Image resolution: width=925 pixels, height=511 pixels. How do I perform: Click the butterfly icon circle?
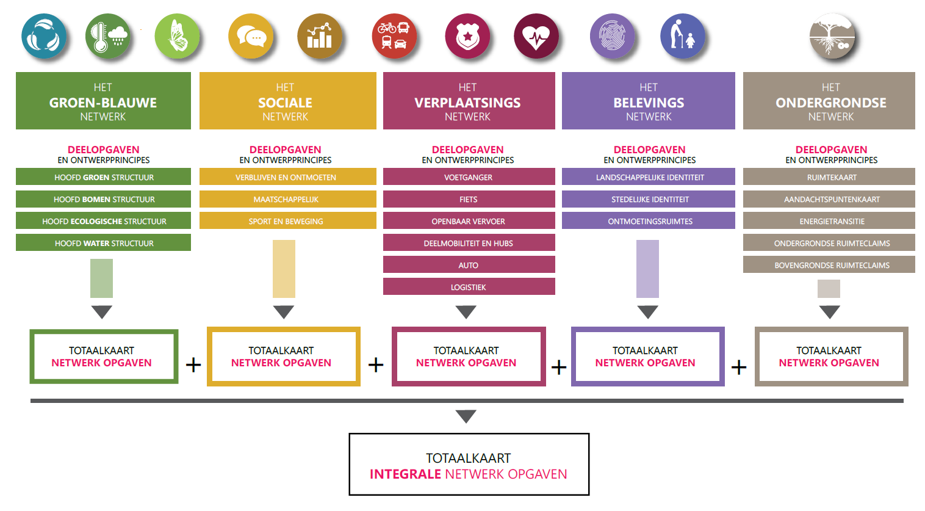(x=177, y=36)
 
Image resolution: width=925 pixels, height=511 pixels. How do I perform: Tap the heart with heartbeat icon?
(x=536, y=36)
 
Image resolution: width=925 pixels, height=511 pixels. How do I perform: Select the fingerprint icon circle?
(x=612, y=36)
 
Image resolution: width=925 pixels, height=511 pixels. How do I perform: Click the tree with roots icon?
(x=832, y=36)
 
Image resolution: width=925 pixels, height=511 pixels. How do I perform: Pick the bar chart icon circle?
(x=320, y=36)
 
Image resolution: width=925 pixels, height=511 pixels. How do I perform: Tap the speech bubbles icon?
(x=250, y=36)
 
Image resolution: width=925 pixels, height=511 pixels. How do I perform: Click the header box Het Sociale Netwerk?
(x=287, y=101)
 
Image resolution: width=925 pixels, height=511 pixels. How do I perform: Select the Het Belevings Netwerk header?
(x=648, y=101)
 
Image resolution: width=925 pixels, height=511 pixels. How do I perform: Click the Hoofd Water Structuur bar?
(x=103, y=243)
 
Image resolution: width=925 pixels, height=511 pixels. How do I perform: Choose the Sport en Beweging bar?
(x=287, y=221)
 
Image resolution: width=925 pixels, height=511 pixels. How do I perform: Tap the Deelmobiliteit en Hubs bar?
(x=469, y=243)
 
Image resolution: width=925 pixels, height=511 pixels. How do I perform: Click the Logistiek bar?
(x=469, y=287)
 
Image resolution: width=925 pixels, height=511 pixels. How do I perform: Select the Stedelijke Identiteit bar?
(x=648, y=199)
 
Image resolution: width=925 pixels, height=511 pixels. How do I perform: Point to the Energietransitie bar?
(x=829, y=221)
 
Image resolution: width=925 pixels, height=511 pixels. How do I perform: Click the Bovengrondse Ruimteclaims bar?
(x=829, y=265)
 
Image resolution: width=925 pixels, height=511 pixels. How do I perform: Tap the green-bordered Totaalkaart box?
(x=104, y=357)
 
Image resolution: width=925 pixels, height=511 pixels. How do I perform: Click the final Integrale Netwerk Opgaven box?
(x=469, y=465)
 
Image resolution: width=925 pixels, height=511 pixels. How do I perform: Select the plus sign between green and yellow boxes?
(x=193, y=365)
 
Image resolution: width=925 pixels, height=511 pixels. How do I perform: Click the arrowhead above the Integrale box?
(x=466, y=416)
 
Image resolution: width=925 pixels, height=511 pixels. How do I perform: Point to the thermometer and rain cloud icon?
(x=108, y=36)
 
